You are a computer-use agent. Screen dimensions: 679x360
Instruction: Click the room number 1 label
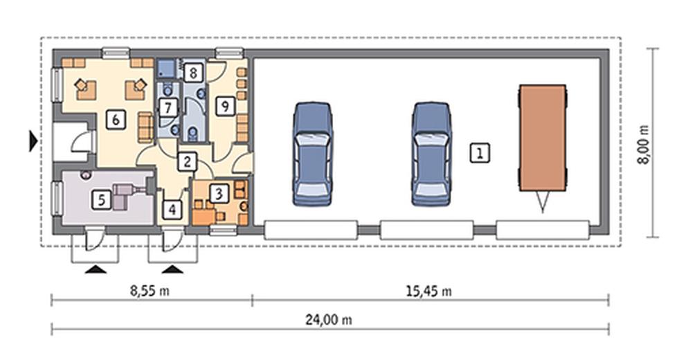click(x=480, y=153)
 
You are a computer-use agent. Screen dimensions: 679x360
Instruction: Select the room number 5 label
click(x=101, y=199)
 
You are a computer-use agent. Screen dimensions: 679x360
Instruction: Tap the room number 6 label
click(x=116, y=119)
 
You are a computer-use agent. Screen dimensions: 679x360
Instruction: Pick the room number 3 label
click(x=219, y=194)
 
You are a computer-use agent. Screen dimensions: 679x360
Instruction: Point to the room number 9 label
click(x=225, y=106)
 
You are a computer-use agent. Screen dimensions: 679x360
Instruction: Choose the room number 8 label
click(x=193, y=73)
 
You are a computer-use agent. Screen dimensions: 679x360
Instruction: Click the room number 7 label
click(x=168, y=108)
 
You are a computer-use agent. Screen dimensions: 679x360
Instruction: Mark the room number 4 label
click(x=172, y=210)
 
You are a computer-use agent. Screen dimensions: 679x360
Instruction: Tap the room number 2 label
click(x=187, y=162)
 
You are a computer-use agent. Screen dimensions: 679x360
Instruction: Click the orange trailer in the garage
click(x=543, y=138)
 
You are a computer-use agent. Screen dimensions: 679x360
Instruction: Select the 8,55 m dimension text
click(x=150, y=291)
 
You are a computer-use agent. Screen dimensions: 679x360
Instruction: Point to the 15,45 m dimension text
click(x=428, y=291)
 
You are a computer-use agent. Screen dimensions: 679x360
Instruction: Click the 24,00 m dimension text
click(x=329, y=320)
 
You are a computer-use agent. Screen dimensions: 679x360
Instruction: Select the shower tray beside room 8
click(x=166, y=69)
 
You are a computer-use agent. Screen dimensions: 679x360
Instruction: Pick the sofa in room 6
click(x=145, y=127)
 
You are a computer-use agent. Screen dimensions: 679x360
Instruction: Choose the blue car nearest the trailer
click(x=431, y=154)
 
